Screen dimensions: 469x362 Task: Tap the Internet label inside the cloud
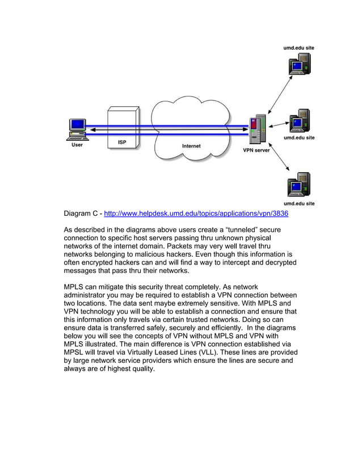coord(191,146)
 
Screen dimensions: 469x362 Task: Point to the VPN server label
coord(256,150)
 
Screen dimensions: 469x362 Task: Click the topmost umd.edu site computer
coord(300,65)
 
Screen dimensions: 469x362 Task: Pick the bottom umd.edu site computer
coord(299,185)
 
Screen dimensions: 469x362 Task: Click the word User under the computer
coord(77,145)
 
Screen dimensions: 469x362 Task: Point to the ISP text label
coord(122,142)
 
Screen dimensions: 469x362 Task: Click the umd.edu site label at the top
coord(299,48)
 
